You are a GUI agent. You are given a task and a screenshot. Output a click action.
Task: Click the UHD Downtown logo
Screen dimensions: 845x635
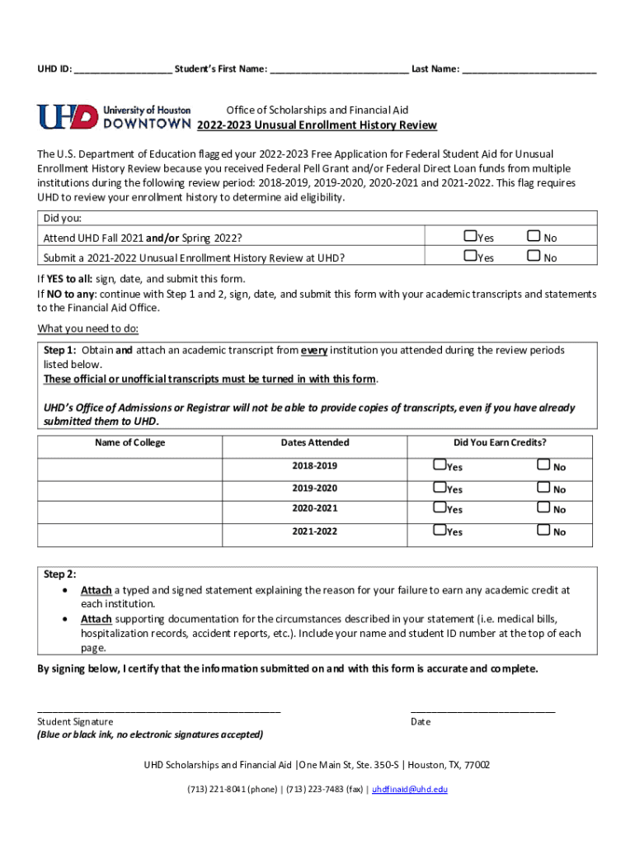[x=114, y=116]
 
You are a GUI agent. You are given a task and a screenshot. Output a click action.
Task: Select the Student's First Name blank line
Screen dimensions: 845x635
[x=338, y=70]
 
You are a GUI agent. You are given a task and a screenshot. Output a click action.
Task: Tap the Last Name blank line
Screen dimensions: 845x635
[x=529, y=70]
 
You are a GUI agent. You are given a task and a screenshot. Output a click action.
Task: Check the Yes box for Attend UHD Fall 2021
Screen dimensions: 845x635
[x=470, y=237]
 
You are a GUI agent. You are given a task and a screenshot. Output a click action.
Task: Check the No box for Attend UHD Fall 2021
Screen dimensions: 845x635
[x=534, y=237]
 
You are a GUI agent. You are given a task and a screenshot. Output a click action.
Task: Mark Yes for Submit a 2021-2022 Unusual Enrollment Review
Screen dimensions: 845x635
[x=470, y=257]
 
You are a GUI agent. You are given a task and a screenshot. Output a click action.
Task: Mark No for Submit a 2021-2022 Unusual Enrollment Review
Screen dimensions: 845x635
[x=534, y=257]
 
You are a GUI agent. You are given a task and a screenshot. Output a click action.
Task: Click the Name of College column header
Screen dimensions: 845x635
[x=129, y=443]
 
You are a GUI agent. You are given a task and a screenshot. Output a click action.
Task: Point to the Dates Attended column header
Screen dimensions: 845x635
[x=314, y=443]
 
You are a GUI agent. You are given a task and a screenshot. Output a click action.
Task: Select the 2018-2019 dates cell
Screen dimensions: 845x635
[x=314, y=466]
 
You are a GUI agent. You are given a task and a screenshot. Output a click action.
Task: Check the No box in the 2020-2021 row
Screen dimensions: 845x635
[x=543, y=508]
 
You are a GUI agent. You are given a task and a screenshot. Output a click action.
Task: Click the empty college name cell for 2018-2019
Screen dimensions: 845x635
[x=129, y=467]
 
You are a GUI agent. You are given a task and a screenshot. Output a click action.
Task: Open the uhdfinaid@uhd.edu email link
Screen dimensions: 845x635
[x=410, y=789]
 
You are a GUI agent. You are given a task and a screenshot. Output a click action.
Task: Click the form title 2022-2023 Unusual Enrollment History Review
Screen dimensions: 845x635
[x=317, y=125]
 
